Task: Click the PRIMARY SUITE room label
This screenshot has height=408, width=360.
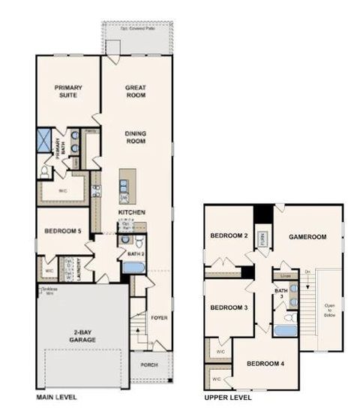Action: coord(68,92)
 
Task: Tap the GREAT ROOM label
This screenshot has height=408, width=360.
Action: coord(135,92)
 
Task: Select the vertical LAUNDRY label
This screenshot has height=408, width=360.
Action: coord(68,268)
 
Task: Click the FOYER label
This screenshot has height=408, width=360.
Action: coord(158,317)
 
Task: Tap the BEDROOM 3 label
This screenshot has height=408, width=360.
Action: coord(228,307)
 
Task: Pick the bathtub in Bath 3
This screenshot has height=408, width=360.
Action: coord(286,330)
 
